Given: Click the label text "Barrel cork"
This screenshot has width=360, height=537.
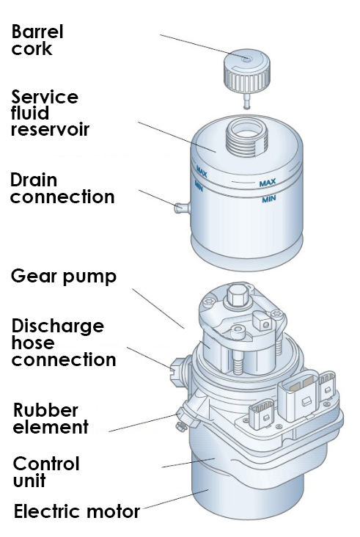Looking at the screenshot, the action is pyautogui.click(x=37, y=40).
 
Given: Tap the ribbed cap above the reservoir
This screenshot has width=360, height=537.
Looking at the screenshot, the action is pyautogui.click(x=246, y=71).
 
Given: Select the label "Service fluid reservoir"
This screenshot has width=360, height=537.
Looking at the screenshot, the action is pyautogui.click(x=50, y=113).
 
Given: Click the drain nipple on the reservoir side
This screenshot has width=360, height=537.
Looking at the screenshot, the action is pyautogui.click(x=182, y=208).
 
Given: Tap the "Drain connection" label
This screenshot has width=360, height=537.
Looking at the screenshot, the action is pyautogui.click(x=62, y=189).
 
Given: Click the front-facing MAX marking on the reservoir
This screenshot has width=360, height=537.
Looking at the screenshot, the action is pyautogui.click(x=268, y=183).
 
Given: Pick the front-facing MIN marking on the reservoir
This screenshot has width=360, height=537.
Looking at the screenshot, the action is pyautogui.click(x=268, y=199).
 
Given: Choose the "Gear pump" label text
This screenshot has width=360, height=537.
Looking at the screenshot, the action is pyautogui.click(x=64, y=277).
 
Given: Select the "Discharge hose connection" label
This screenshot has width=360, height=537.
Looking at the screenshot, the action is pyautogui.click(x=64, y=343).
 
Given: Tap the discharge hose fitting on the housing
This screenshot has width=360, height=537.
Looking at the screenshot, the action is pyautogui.click(x=179, y=368).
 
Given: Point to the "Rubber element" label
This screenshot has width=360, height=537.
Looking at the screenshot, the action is pyautogui.click(x=51, y=418).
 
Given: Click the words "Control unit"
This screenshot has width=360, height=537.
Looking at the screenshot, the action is pyautogui.click(x=46, y=472).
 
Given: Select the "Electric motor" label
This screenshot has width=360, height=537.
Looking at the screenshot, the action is pyautogui.click(x=77, y=511).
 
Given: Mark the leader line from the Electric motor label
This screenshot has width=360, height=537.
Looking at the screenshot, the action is pyautogui.click(x=175, y=500).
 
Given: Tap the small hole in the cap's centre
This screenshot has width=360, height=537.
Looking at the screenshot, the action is pyautogui.click(x=246, y=59).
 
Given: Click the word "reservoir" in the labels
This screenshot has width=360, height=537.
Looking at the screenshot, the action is pyautogui.click(x=50, y=129).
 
